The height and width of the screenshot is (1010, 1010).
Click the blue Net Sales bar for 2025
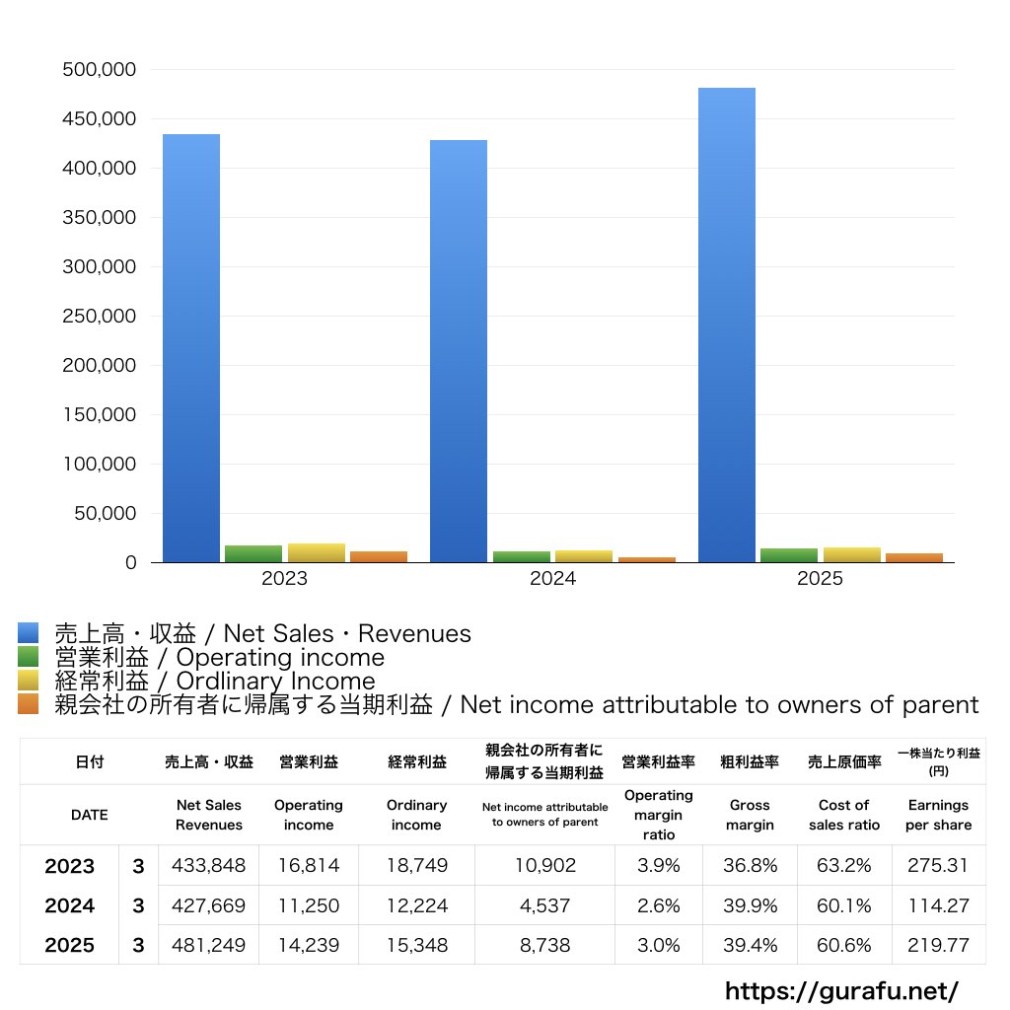(727, 325)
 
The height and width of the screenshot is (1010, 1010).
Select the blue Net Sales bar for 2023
(191, 348)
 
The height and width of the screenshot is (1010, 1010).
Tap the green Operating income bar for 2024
(522, 557)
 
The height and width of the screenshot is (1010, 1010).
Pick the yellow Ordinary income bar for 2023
(317, 553)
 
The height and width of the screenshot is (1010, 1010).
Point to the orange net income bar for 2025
(914, 558)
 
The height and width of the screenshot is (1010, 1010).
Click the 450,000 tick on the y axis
(100, 119)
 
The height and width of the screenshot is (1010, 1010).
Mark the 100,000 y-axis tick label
(100, 464)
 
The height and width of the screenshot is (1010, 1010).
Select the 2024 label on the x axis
(552, 578)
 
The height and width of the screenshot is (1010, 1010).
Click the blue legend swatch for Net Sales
(29, 633)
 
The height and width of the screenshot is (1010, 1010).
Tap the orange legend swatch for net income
(29, 704)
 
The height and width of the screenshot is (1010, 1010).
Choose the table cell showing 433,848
(209, 865)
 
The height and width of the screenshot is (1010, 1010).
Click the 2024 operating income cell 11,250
(309, 905)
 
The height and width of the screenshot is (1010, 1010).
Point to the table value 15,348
(417, 945)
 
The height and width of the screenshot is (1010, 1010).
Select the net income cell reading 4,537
(544, 905)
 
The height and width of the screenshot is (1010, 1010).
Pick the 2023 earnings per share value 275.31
(938, 865)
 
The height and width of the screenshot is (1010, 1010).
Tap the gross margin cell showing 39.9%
(750, 905)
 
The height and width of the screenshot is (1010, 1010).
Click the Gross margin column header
(750, 815)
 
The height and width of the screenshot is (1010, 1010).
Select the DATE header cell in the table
(90, 815)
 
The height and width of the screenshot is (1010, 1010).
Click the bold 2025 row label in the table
(70, 945)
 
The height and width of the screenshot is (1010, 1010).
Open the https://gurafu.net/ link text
(841, 990)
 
